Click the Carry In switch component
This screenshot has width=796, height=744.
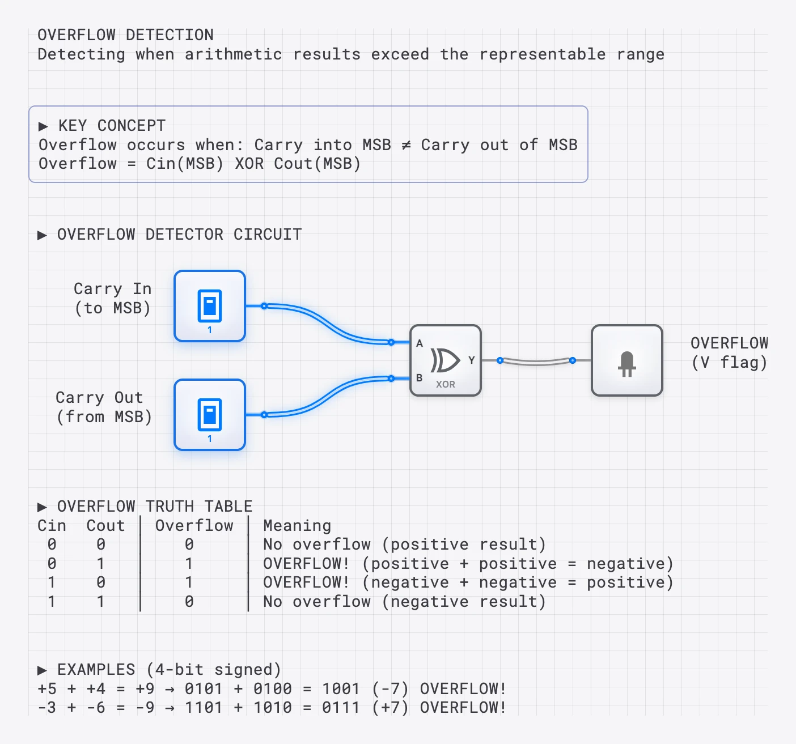pos(210,306)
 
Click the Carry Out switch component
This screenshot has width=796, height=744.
pos(210,415)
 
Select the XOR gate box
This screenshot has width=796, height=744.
pos(446,360)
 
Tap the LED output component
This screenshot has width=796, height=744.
pos(626,360)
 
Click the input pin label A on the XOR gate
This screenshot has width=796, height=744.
pos(420,343)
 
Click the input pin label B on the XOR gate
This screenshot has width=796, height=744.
pos(420,378)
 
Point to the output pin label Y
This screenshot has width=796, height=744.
pos(471,360)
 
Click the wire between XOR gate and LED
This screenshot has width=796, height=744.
pos(536,362)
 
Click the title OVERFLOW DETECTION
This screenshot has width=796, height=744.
pos(125,35)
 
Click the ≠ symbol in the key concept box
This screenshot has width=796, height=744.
pos(406,145)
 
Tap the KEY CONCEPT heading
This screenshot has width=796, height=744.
pos(112,126)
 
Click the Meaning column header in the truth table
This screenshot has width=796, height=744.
pos(297,526)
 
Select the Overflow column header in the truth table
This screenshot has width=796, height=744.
pos(194,526)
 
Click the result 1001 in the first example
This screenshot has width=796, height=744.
pos(341,689)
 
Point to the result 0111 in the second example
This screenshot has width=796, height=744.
pos(341,708)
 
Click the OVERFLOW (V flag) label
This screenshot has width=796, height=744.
pos(729,352)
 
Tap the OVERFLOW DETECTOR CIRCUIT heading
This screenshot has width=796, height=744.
pos(179,235)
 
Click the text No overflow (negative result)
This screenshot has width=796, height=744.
pos(404,602)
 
